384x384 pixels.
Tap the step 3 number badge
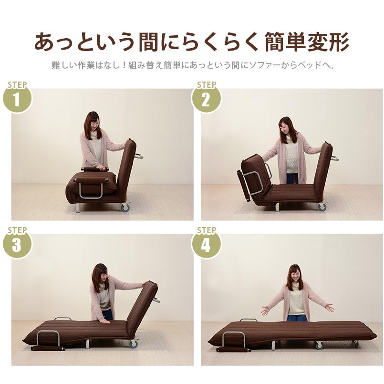[x=18, y=245]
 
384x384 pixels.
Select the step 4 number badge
[x=206, y=245]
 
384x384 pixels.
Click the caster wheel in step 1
[x=126, y=208]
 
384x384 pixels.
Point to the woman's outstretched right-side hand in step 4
[x=329, y=307]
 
